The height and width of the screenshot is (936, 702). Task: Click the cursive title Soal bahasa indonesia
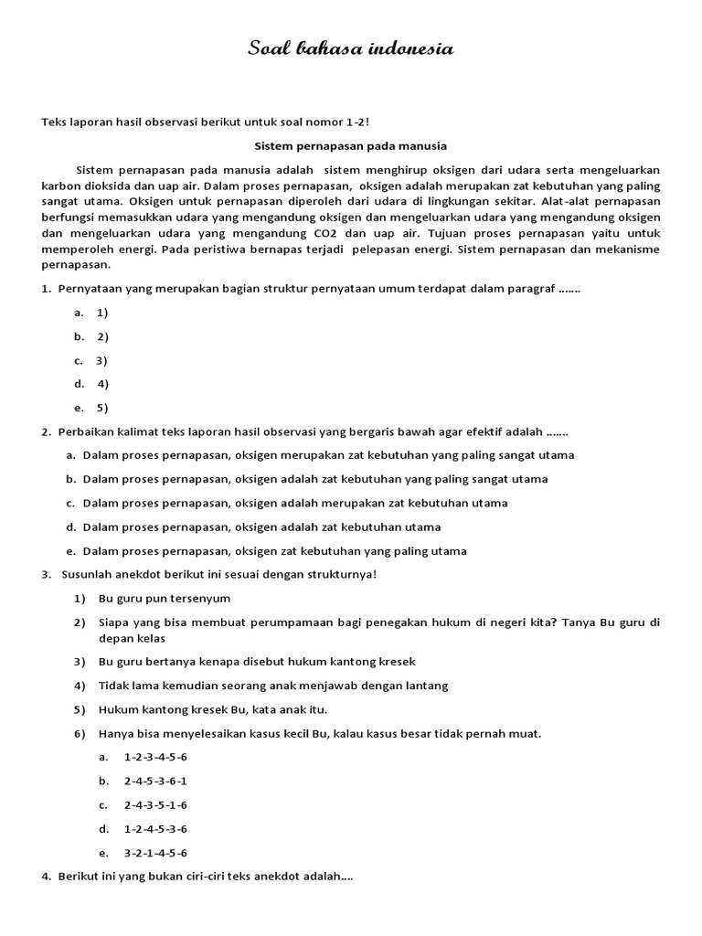[350, 49]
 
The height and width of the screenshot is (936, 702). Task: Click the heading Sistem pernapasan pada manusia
[350, 145]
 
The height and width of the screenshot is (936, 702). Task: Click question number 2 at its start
[46, 431]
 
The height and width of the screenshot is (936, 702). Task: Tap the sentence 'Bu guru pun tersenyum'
[165, 599]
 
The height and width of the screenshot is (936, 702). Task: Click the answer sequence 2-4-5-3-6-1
[155, 782]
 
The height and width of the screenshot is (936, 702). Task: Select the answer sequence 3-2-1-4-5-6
[155, 853]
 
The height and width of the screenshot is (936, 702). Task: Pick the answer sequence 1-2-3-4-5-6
[155, 758]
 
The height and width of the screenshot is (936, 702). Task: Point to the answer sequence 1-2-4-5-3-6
[155, 829]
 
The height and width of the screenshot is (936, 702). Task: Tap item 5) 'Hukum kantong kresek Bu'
[212, 709]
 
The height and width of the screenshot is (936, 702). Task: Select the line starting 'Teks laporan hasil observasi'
[206, 122]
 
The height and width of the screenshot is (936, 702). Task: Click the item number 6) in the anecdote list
[80, 733]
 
